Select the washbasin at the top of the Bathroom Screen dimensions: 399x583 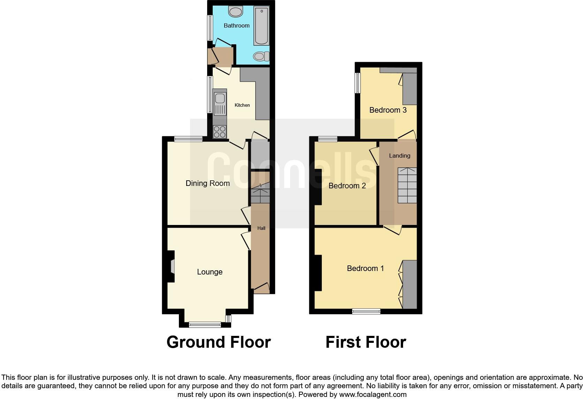tap(236, 12)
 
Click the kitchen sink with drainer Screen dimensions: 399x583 tap(220, 104)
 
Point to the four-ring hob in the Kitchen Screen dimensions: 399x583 tap(220, 131)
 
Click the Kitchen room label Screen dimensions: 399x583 tap(242, 105)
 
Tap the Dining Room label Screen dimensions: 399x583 tap(207, 183)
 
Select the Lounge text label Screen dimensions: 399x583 tap(210, 272)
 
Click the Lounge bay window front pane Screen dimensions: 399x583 tap(205, 325)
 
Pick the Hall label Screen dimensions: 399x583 tap(261, 228)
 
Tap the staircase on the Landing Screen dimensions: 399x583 tap(407, 185)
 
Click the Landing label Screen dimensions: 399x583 tap(400, 156)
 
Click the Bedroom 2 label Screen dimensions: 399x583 tap(347, 186)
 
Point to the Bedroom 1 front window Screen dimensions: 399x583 tap(366, 311)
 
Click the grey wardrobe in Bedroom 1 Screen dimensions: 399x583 tap(410, 284)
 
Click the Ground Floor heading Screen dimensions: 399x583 tap(219, 342)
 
